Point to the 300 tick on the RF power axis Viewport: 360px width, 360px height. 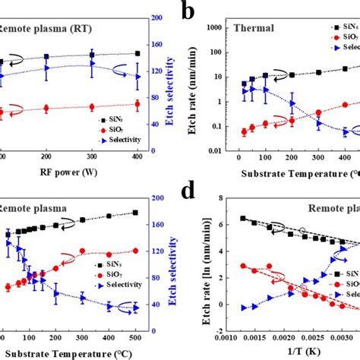(x=91, y=156)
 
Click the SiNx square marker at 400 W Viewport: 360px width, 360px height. (x=137, y=53)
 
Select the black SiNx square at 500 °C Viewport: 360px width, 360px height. (x=135, y=213)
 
